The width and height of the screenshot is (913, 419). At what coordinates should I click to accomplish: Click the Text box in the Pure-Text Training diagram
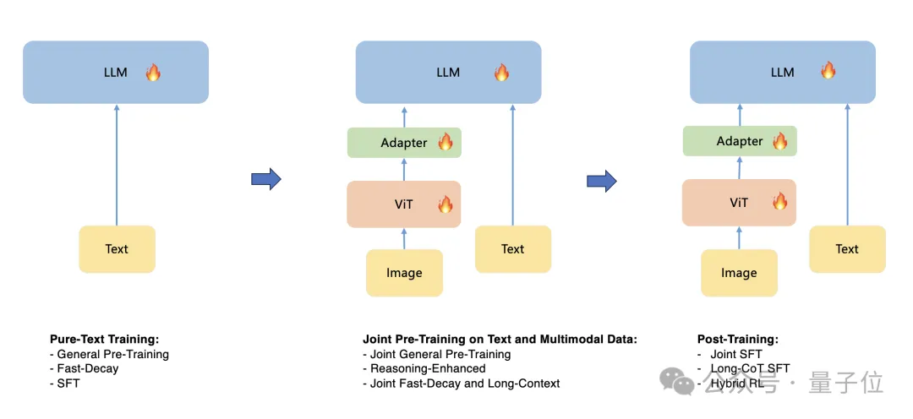pyautogui.click(x=117, y=249)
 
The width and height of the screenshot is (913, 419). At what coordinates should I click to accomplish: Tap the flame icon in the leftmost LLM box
pyautogui.click(x=153, y=72)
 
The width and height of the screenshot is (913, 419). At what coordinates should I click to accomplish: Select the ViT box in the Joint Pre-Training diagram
pyautogui.click(x=403, y=204)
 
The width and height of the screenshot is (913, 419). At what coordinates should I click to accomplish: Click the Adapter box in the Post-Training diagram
pyautogui.click(x=740, y=141)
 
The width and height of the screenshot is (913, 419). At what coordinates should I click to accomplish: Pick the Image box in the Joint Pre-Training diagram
pyautogui.click(x=404, y=273)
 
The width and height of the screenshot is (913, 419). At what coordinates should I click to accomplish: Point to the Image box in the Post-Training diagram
pyautogui.click(x=739, y=273)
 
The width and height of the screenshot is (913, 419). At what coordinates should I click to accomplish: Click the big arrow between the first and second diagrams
pyautogui.click(x=265, y=179)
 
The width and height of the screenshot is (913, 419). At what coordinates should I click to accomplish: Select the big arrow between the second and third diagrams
pyautogui.click(x=601, y=180)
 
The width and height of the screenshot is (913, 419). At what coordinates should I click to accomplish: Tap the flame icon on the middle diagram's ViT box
pyautogui.click(x=446, y=204)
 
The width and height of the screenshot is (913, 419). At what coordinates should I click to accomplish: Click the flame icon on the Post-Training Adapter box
pyautogui.click(x=780, y=141)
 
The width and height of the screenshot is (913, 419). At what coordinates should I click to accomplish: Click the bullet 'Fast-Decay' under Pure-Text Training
pyautogui.click(x=87, y=368)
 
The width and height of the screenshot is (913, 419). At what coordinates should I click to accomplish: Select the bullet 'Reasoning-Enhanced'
pyautogui.click(x=428, y=368)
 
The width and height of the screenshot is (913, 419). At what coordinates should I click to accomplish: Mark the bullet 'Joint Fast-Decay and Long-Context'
pyautogui.click(x=465, y=383)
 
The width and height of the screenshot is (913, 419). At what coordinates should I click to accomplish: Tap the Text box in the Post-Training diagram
pyautogui.click(x=847, y=249)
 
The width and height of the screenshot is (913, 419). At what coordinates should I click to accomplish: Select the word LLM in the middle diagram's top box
pyautogui.click(x=448, y=73)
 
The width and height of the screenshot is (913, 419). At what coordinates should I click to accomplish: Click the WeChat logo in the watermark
pyautogui.click(x=678, y=382)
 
